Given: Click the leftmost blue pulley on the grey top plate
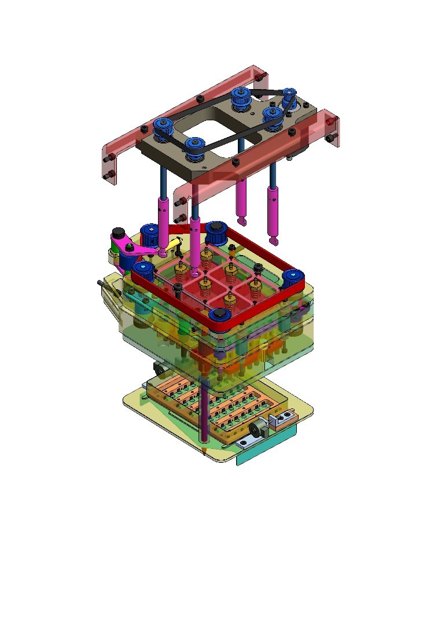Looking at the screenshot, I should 163,126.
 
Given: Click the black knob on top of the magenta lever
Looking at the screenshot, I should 118,233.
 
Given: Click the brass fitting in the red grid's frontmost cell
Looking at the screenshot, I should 231,298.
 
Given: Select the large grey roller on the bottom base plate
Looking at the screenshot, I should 259,429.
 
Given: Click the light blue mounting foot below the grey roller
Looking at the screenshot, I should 248,443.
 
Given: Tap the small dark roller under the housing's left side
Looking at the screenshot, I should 158,367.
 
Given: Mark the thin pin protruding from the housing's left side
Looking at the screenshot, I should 101,283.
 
